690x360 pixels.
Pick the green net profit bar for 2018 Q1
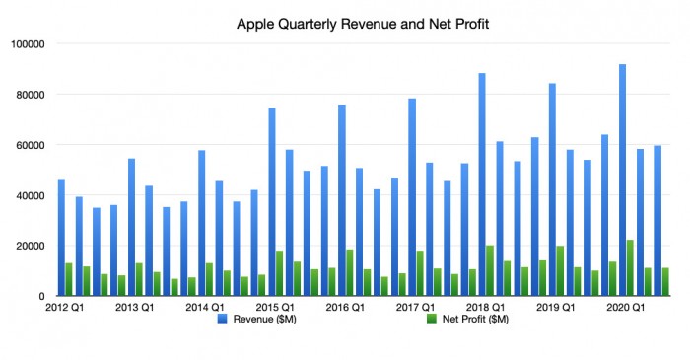pyautogui.click(x=490, y=270)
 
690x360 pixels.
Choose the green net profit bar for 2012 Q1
pyautogui.click(x=69, y=279)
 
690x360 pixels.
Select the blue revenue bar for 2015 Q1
pyautogui.click(x=271, y=201)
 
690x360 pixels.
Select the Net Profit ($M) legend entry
pyautogui.click(x=468, y=319)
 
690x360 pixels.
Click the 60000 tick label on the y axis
pyautogui.click(x=31, y=145)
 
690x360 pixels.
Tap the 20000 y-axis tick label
pyautogui.click(x=31, y=246)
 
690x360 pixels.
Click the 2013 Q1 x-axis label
pyautogui.click(x=134, y=308)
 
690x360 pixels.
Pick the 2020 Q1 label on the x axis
pyautogui.click(x=624, y=308)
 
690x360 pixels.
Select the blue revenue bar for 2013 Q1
pyautogui.click(x=131, y=227)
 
